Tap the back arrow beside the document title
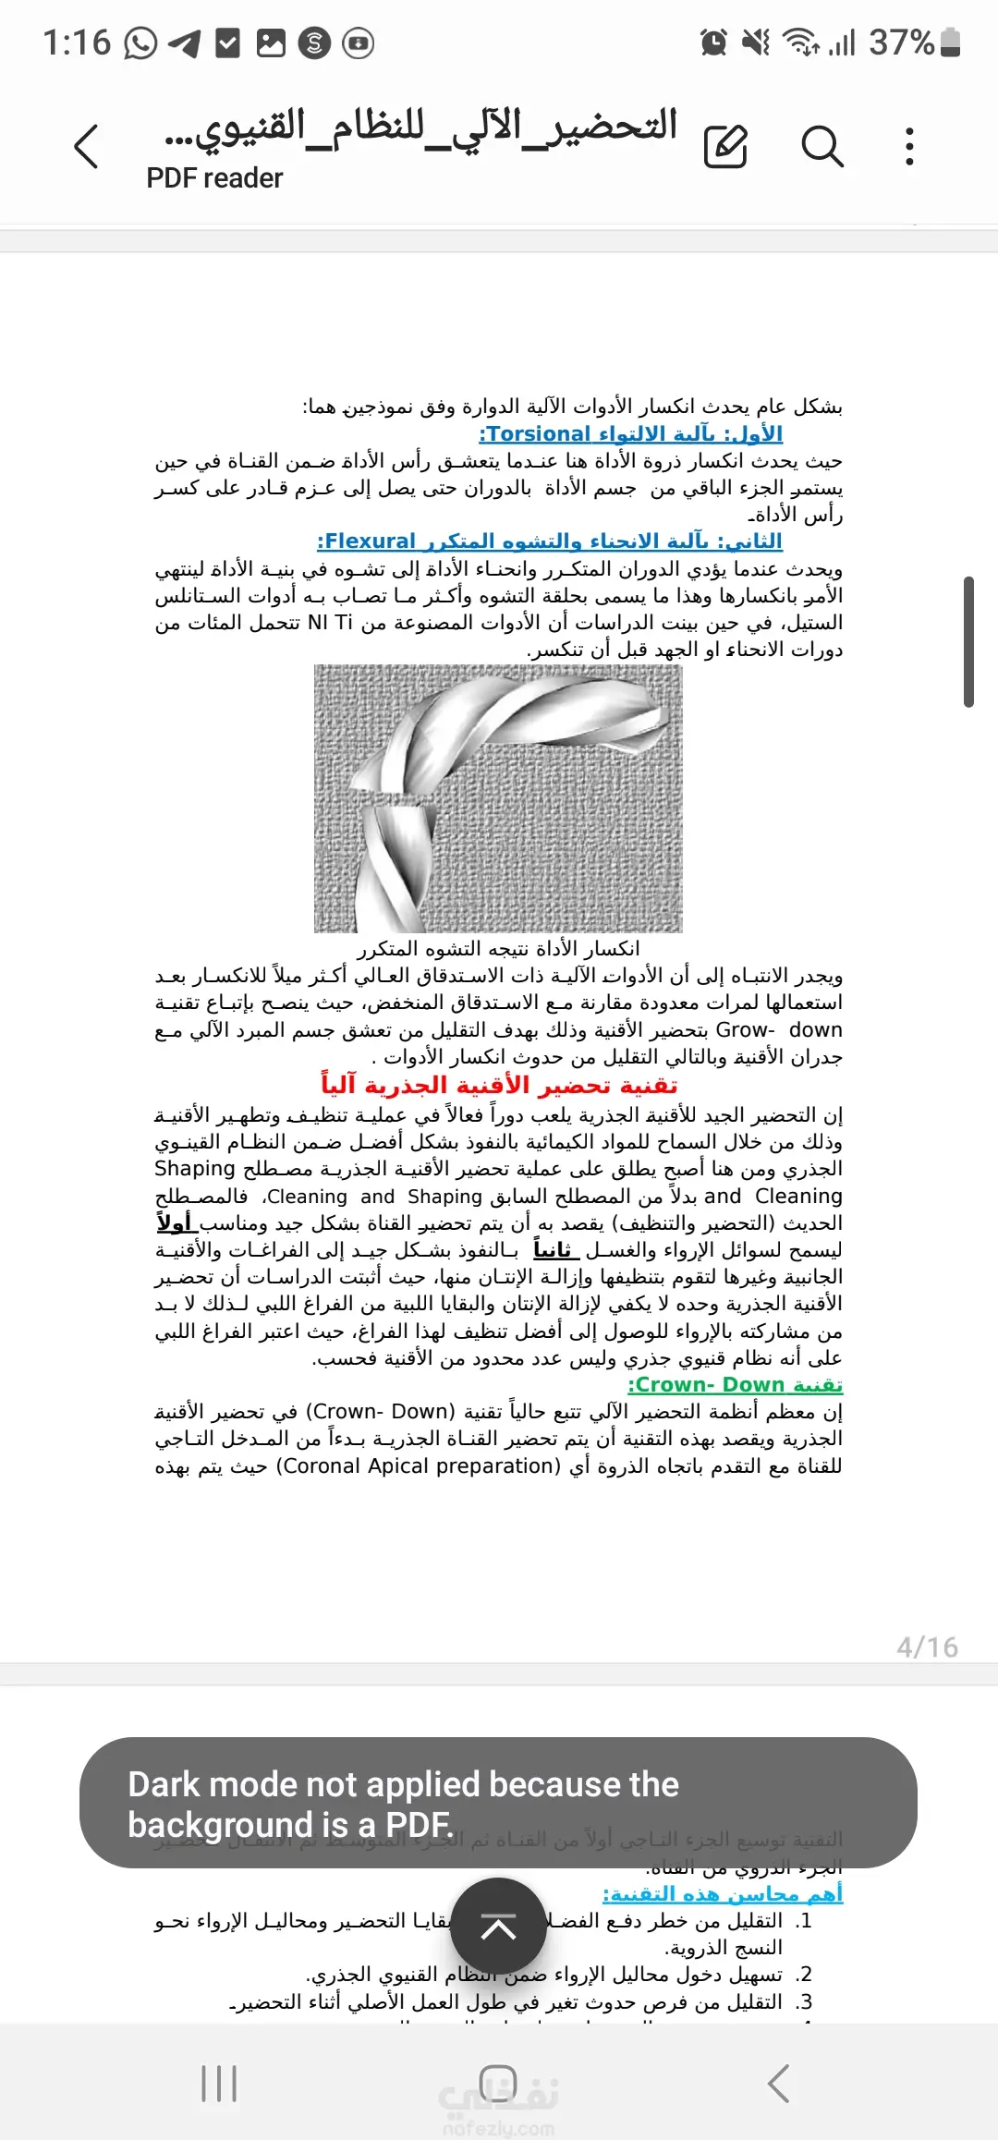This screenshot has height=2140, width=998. point(86,147)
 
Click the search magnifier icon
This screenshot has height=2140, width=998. point(822,147)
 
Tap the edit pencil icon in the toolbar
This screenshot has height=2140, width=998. point(725,147)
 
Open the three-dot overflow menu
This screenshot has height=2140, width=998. point(910,147)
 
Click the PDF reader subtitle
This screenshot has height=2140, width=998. point(214,178)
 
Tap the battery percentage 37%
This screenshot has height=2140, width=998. point(901,43)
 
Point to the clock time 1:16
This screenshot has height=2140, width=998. point(77,43)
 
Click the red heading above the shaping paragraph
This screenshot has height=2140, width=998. point(499,1085)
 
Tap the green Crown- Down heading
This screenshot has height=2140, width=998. point(735,1385)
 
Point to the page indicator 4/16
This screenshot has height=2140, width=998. point(927,1647)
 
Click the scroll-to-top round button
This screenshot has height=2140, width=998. point(498,1927)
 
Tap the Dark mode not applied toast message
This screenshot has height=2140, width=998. point(498,1803)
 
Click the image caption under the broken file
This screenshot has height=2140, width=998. point(499,949)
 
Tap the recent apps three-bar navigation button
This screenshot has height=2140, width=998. point(219,2084)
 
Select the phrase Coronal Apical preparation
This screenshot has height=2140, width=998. point(419,1466)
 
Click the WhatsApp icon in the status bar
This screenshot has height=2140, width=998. point(140,43)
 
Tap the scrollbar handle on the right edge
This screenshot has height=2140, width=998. point(968,642)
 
